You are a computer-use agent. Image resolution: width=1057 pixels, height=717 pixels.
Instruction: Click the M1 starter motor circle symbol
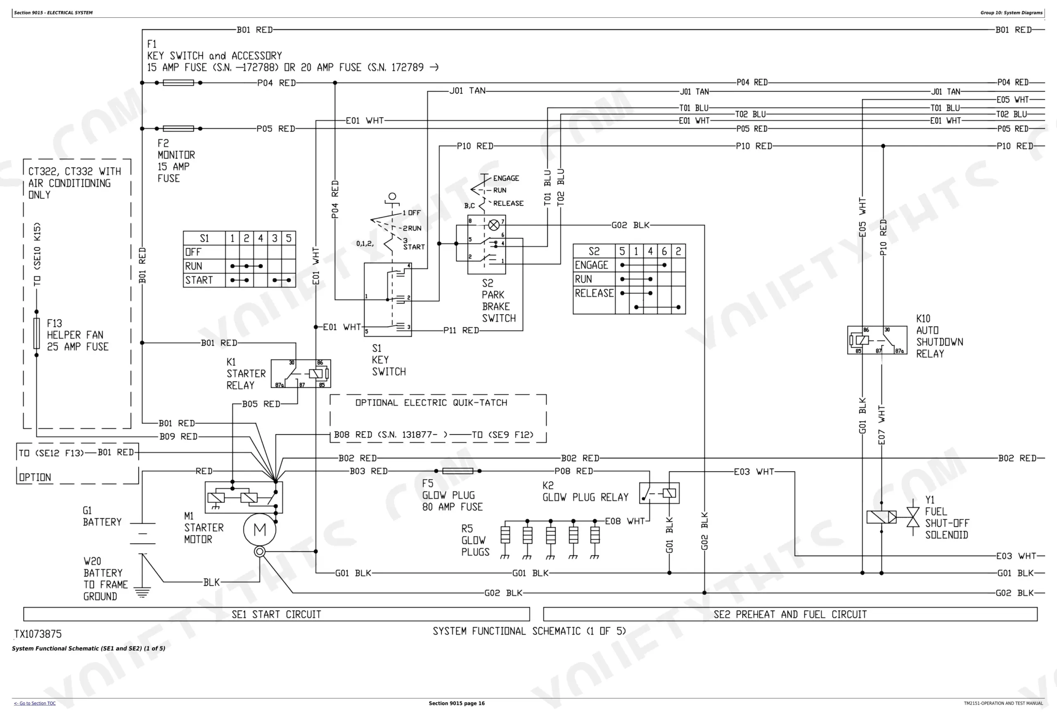coord(259,529)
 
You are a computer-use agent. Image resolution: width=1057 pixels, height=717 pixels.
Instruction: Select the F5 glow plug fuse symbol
coord(457,471)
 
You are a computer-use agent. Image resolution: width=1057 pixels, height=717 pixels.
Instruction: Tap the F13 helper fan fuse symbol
coord(37,333)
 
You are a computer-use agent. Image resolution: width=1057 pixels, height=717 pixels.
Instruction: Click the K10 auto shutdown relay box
coord(877,340)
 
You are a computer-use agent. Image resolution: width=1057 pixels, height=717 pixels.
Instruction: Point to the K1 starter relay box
coord(301,374)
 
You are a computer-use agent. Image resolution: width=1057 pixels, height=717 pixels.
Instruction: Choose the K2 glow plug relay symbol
coord(659,493)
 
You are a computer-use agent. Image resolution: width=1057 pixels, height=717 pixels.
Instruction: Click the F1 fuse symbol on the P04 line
coord(178,83)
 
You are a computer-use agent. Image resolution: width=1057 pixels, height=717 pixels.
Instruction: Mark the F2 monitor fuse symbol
coord(178,129)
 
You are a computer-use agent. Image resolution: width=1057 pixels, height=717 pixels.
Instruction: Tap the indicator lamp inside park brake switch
coord(493,225)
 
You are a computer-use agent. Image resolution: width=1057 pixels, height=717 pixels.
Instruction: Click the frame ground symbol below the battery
coord(142,592)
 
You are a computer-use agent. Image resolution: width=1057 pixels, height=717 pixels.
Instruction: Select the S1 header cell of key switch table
coord(204,238)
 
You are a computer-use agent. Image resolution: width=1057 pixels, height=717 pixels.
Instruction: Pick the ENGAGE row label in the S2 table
coord(591,265)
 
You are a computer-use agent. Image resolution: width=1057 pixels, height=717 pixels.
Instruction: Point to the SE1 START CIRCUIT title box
coord(277,614)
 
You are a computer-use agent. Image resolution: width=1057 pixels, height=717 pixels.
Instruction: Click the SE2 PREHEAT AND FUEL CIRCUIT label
coord(790,614)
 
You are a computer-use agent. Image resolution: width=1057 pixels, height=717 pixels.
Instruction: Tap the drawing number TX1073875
coord(38,634)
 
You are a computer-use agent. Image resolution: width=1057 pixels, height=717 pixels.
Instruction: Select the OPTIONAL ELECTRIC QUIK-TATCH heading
coord(431,402)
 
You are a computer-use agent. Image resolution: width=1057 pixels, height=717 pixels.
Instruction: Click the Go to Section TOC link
coord(35,703)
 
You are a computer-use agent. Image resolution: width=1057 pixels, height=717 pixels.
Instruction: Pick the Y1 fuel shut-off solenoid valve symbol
coord(913,517)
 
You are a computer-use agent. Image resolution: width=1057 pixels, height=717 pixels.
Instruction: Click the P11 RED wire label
coord(461,331)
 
